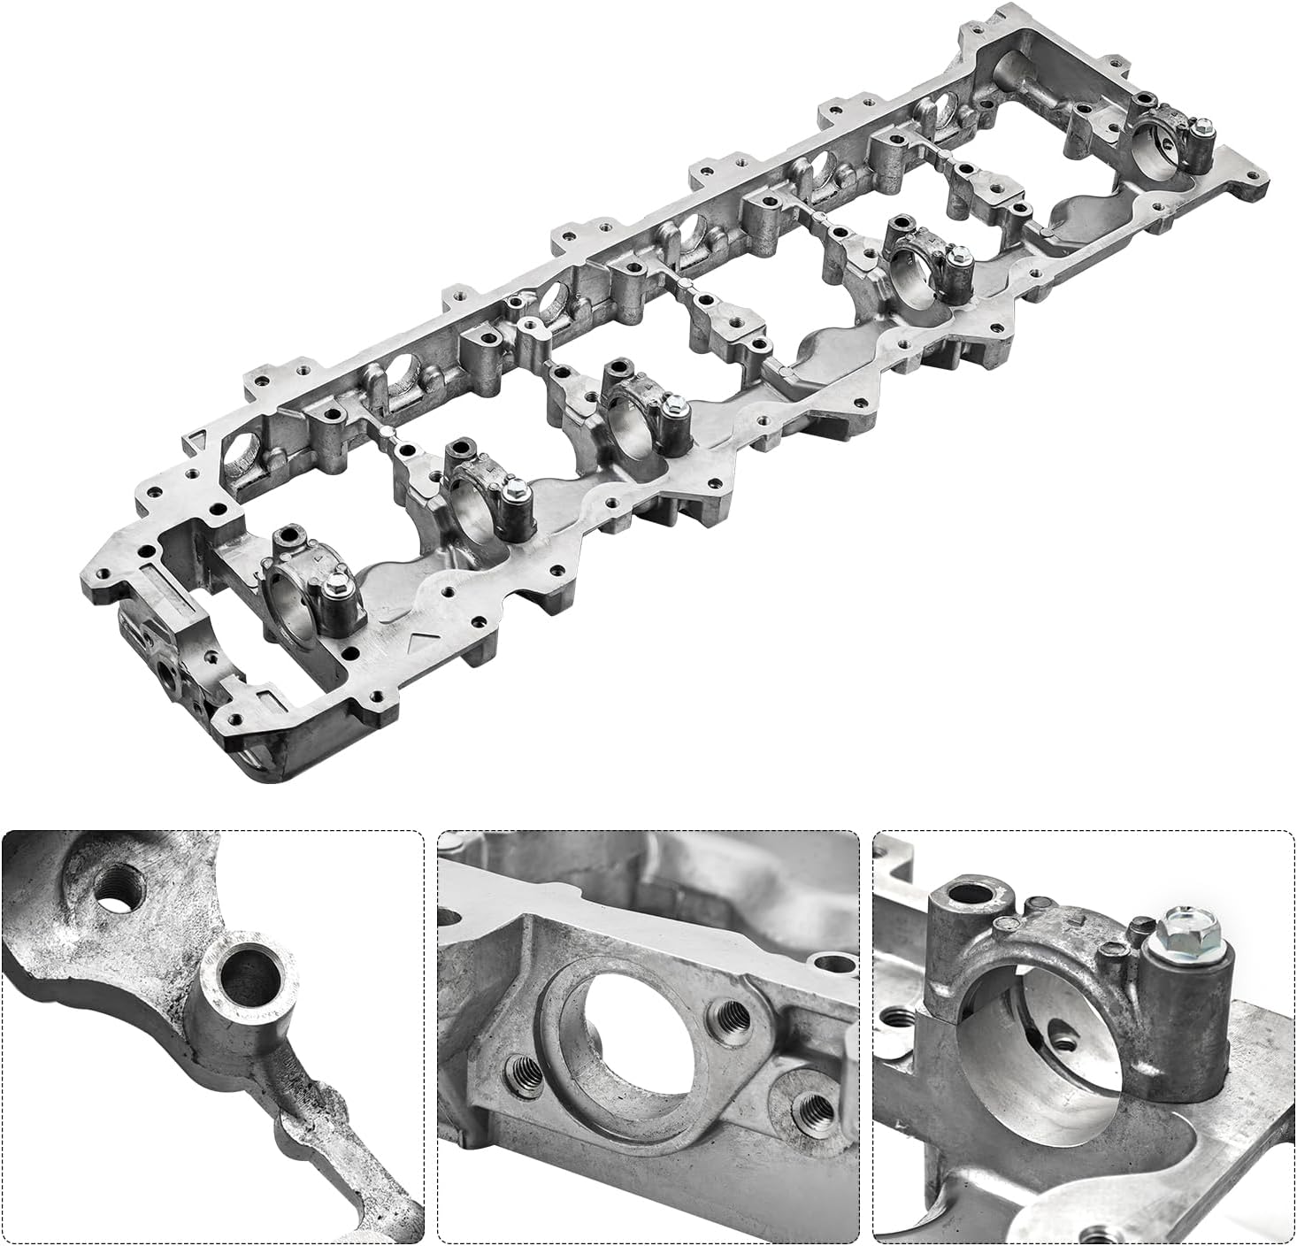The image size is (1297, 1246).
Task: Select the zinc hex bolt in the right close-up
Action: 1180,932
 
